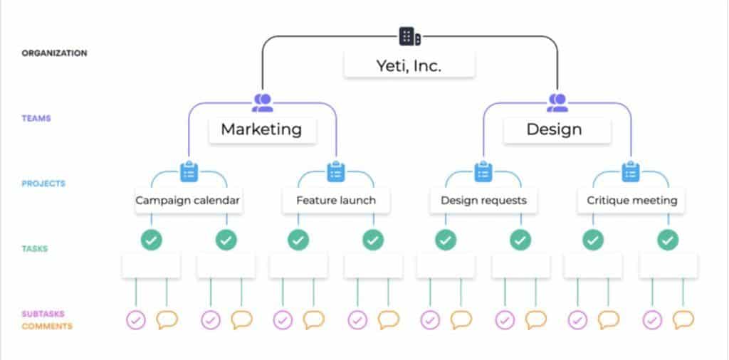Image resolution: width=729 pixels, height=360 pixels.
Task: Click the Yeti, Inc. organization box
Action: click(x=409, y=66)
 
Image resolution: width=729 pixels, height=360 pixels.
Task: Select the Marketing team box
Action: click(x=261, y=129)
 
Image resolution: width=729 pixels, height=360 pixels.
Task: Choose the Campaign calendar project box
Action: click(x=188, y=201)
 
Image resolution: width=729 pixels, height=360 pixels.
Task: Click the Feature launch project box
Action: click(x=336, y=201)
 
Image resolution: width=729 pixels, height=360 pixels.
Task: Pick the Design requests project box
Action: click(x=483, y=201)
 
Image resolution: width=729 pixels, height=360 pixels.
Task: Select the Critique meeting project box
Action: click(x=631, y=201)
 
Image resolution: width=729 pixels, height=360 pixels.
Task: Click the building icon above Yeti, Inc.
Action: click(x=409, y=36)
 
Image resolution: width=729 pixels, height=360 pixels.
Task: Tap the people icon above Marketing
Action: click(x=263, y=103)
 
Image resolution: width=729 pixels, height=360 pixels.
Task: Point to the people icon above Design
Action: click(x=557, y=103)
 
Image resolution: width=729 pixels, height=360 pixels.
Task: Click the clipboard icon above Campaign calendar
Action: click(x=189, y=171)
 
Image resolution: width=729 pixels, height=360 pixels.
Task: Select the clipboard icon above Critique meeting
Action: click(x=631, y=171)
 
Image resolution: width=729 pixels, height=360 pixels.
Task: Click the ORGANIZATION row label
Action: click(x=54, y=53)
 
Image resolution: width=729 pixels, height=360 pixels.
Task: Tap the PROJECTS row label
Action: click(x=43, y=184)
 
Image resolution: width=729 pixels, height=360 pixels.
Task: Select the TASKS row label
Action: click(x=35, y=249)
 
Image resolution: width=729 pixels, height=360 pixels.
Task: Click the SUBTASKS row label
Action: click(x=42, y=314)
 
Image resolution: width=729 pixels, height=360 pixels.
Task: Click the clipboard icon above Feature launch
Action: click(x=336, y=171)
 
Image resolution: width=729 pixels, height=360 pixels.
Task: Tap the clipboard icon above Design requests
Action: click(x=483, y=171)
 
